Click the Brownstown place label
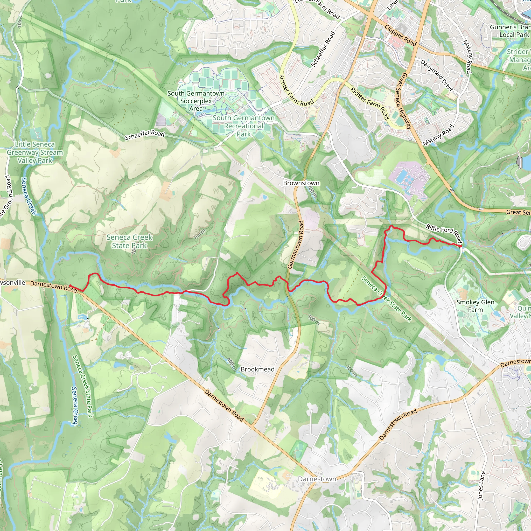[301, 183]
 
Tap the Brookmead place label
[257, 369]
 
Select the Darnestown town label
[317, 479]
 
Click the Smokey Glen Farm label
[475, 306]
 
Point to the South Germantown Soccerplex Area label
[196, 101]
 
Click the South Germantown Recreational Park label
[243, 126]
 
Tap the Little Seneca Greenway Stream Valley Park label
[35, 152]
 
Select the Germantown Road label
[296, 244]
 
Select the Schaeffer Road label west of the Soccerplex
[145, 135]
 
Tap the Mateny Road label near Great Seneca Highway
[438, 135]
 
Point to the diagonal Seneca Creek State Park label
[386, 299]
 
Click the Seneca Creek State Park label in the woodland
[129, 241]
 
